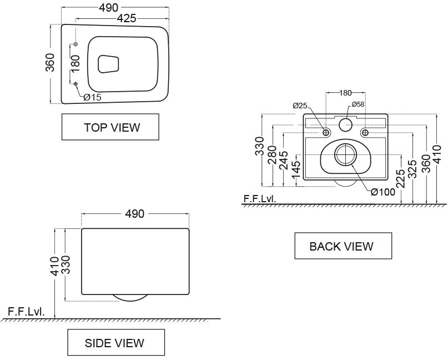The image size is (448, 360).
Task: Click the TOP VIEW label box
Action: (110, 127)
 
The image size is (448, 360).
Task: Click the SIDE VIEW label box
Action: (116, 342)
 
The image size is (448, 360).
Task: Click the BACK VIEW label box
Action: (343, 246)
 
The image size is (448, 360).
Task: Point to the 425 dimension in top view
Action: (127, 18)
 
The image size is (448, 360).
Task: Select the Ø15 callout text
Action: (93, 97)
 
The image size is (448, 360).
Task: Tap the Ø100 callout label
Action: (383, 192)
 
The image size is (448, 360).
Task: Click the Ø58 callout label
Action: (358, 104)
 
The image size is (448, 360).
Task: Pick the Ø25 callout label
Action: (300, 106)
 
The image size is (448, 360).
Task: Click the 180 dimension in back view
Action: (345, 93)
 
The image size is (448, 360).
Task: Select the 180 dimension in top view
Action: (75, 63)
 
